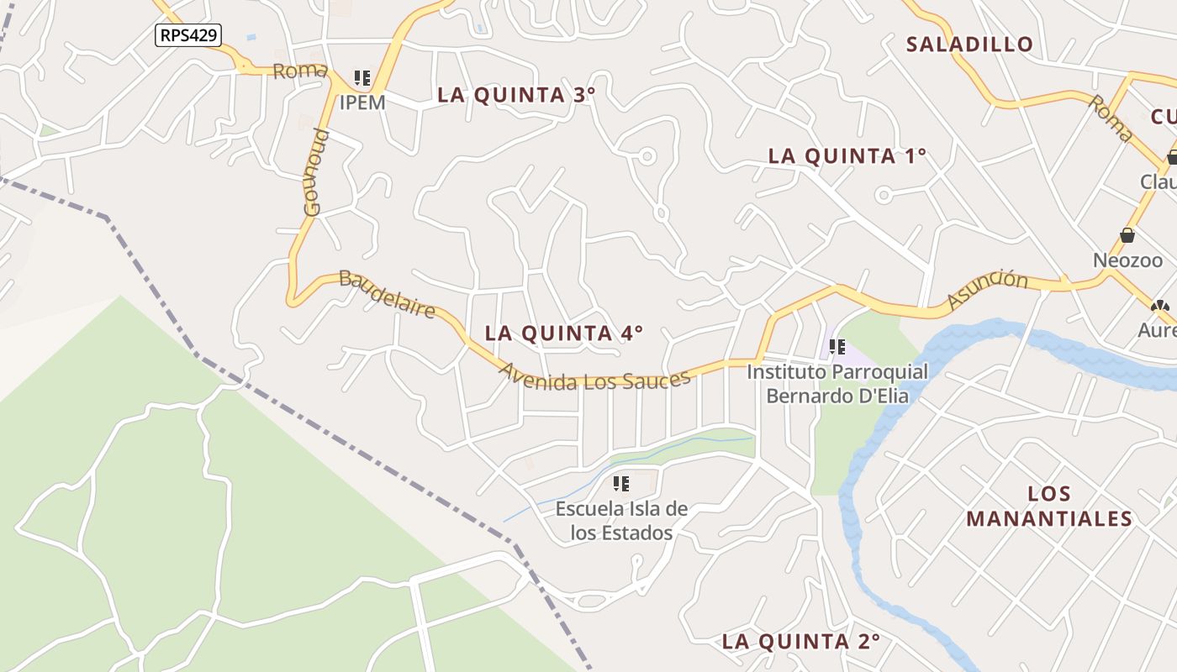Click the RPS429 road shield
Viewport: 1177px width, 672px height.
click(188, 35)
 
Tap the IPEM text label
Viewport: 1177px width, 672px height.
click(362, 102)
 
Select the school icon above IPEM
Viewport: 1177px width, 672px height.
click(362, 79)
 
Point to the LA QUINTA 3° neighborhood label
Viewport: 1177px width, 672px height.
click(516, 95)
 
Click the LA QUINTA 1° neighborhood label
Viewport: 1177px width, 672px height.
click(847, 156)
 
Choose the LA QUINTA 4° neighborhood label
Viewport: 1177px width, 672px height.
click(564, 333)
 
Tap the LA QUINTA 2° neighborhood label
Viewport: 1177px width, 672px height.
click(801, 642)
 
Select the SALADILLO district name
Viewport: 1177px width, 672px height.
click(969, 45)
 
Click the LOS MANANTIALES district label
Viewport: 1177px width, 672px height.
click(1049, 506)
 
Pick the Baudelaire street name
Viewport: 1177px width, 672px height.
click(388, 294)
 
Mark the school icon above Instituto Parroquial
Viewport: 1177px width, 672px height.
click(837, 346)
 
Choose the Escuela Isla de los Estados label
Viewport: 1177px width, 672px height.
click(621, 521)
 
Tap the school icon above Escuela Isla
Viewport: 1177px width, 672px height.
click(621, 484)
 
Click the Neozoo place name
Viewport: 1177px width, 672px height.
click(1128, 260)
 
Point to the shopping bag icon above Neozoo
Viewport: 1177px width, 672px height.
click(1127, 235)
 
